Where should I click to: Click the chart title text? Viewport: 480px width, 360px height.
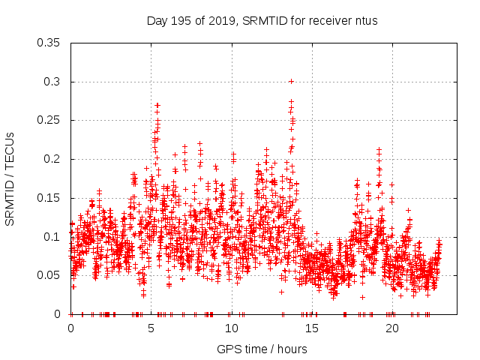point(262,20)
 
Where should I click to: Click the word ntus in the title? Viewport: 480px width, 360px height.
point(366,20)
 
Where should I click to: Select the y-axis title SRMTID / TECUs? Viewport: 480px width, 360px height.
point(10,178)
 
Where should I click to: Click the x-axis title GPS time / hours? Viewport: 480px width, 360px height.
point(262,349)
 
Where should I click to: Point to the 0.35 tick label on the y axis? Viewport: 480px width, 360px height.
point(49,43)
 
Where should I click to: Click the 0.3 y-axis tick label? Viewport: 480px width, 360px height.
point(52,82)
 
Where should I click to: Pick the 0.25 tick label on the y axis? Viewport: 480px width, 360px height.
point(49,120)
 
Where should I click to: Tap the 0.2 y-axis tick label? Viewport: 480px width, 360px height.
point(52,159)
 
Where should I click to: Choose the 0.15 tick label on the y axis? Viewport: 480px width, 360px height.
point(49,198)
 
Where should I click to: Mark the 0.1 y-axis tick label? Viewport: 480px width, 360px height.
point(52,236)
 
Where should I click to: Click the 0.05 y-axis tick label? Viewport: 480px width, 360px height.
point(49,275)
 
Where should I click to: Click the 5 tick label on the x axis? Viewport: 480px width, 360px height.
point(151,328)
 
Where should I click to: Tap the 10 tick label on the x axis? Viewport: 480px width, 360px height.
point(232,328)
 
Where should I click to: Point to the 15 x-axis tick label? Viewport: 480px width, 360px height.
point(312,328)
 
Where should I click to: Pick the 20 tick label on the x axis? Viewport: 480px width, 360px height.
point(392,328)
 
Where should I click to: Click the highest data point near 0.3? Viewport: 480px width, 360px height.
point(291,81)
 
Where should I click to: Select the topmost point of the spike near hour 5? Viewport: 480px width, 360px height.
point(157,106)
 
